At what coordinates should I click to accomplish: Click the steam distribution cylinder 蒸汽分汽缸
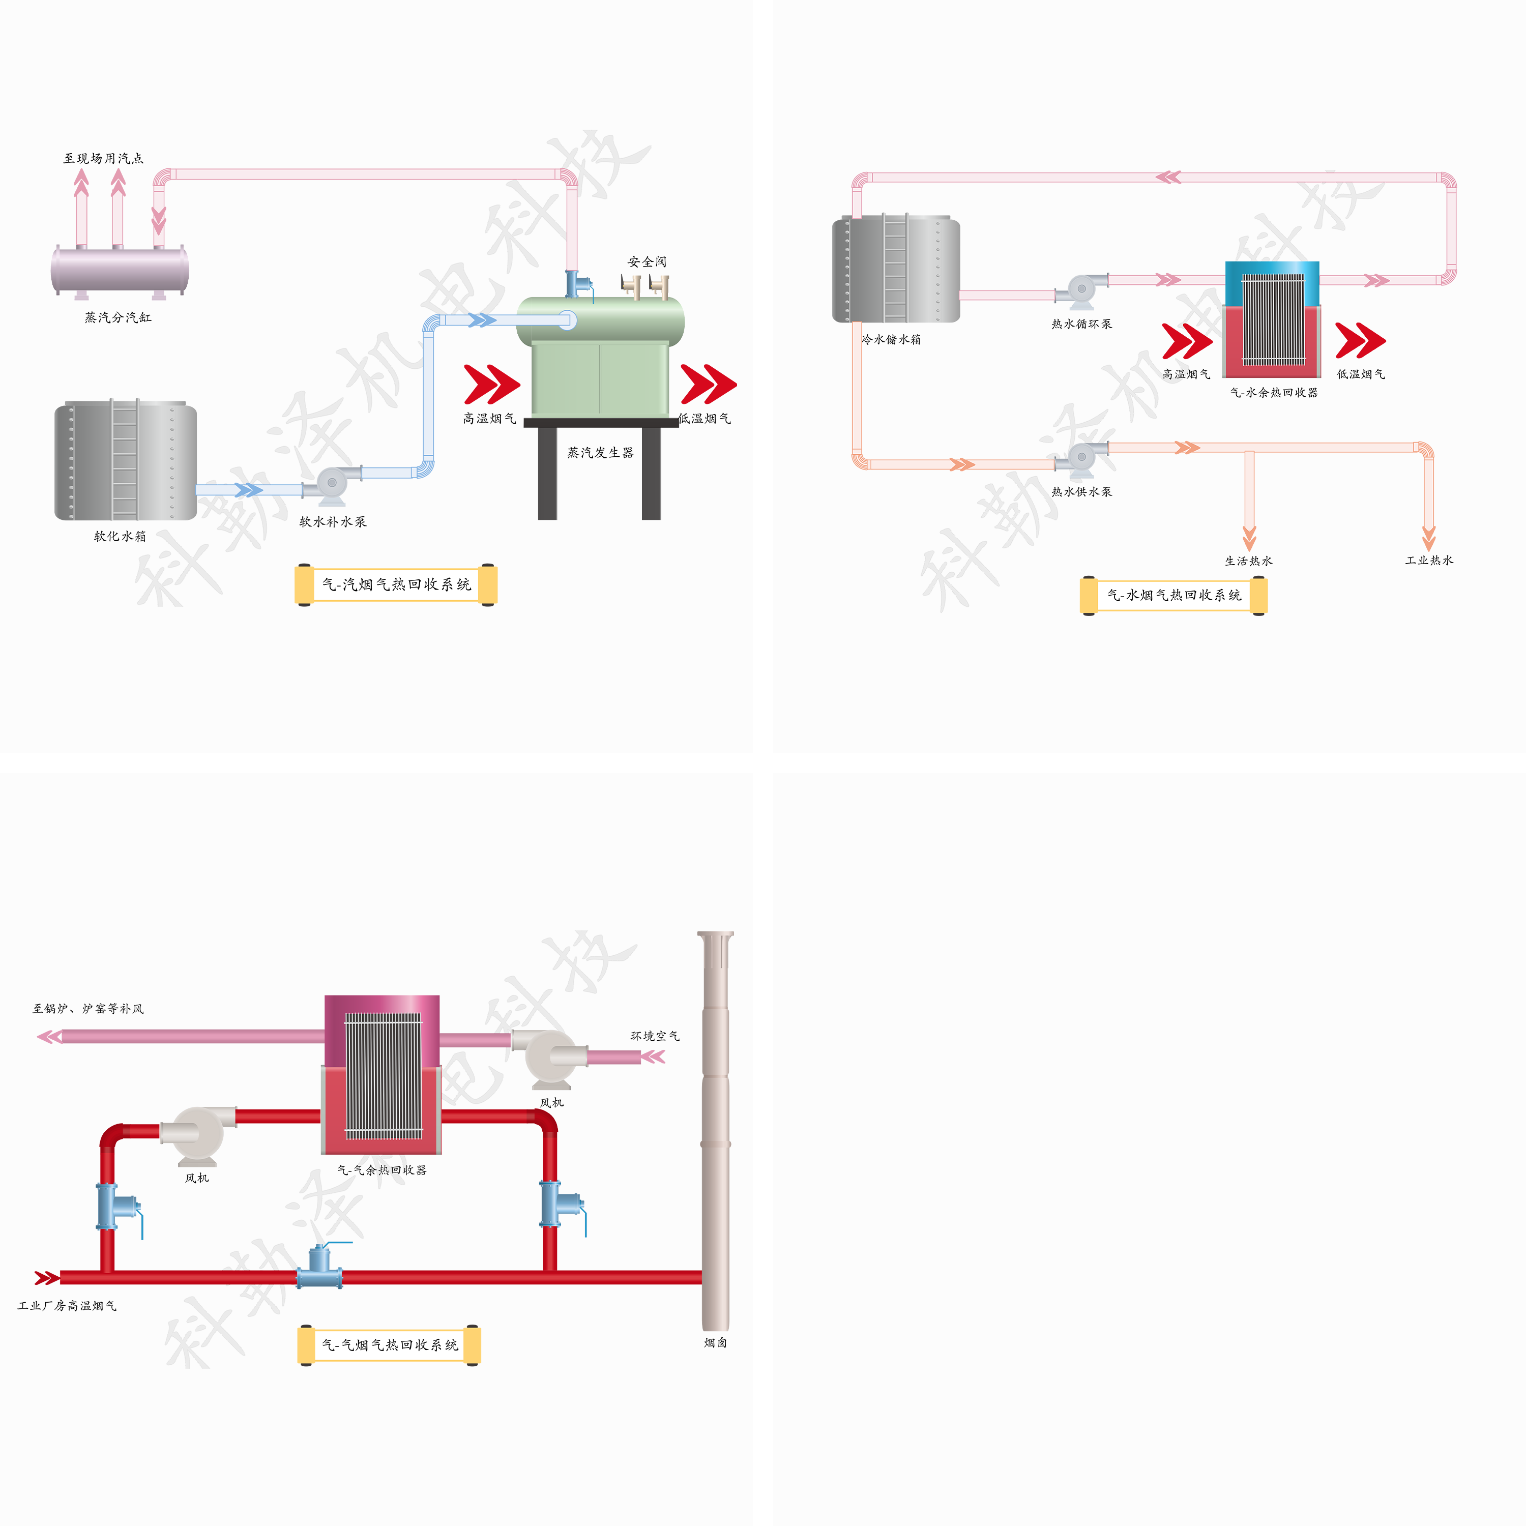(x=120, y=270)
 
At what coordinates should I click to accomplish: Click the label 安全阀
(x=647, y=261)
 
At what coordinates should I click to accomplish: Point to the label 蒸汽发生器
(x=600, y=453)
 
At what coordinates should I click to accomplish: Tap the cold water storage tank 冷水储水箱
(x=896, y=270)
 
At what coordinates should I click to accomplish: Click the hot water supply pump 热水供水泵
(x=1080, y=459)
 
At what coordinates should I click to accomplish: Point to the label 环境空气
(x=654, y=1036)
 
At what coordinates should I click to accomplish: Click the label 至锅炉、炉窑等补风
(x=87, y=1009)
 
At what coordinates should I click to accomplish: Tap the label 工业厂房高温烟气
(x=67, y=1306)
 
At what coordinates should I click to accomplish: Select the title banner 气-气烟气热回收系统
(x=390, y=1344)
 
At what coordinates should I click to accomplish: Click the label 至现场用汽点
(x=103, y=159)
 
